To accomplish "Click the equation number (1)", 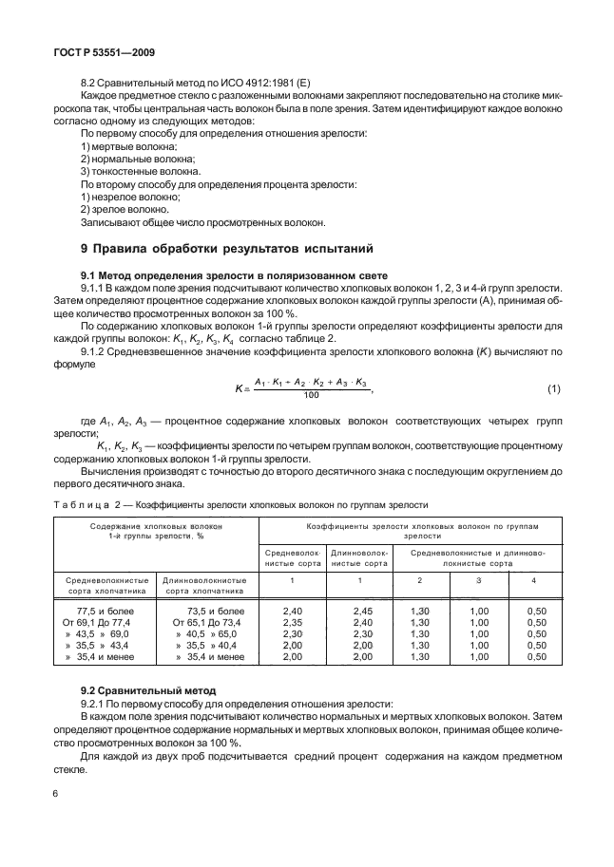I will [x=554, y=389].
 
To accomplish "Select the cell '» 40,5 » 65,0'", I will [x=203, y=632].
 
